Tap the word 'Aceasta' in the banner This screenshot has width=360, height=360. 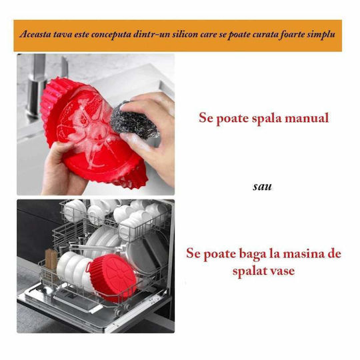35,35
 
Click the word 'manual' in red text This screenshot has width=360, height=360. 307,118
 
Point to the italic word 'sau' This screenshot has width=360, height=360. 262,187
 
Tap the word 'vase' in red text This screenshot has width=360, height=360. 283,271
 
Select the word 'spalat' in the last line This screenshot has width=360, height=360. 251,271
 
